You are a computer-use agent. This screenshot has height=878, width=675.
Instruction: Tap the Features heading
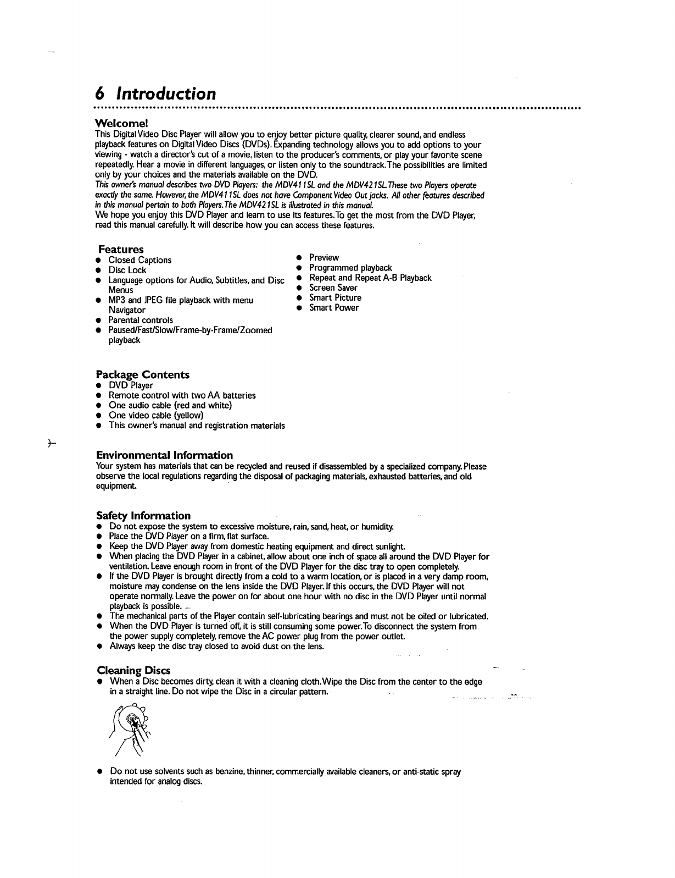tap(121, 249)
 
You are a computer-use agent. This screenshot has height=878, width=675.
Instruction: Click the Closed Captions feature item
tap(140, 260)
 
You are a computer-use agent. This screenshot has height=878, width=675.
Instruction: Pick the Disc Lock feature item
tap(127, 270)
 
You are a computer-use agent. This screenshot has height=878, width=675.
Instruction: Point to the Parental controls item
tap(141, 320)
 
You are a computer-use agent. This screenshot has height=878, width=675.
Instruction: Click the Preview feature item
tap(324, 257)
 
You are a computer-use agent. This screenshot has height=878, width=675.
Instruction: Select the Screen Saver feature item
tap(333, 288)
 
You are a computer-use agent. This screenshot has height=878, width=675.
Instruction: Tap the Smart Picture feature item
tap(335, 297)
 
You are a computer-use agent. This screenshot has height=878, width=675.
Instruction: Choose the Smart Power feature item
tap(334, 307)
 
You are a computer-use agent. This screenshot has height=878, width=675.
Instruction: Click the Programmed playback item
tap(350, 268)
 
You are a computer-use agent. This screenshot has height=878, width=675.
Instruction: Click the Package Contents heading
tap(143, 374)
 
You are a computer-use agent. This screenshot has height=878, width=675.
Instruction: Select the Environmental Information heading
tap(164, 455)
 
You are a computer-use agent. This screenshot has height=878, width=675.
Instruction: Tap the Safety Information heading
tap(143, 515)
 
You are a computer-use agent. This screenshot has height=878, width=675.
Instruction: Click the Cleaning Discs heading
tap(133, 670)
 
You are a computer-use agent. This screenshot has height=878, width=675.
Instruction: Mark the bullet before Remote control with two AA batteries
tap(98, 396)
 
